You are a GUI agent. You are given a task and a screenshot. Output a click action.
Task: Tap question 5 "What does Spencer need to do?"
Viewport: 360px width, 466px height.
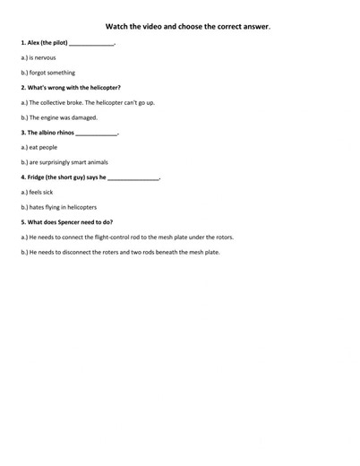66,222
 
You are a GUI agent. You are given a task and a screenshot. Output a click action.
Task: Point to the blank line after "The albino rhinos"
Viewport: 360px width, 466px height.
97,134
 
